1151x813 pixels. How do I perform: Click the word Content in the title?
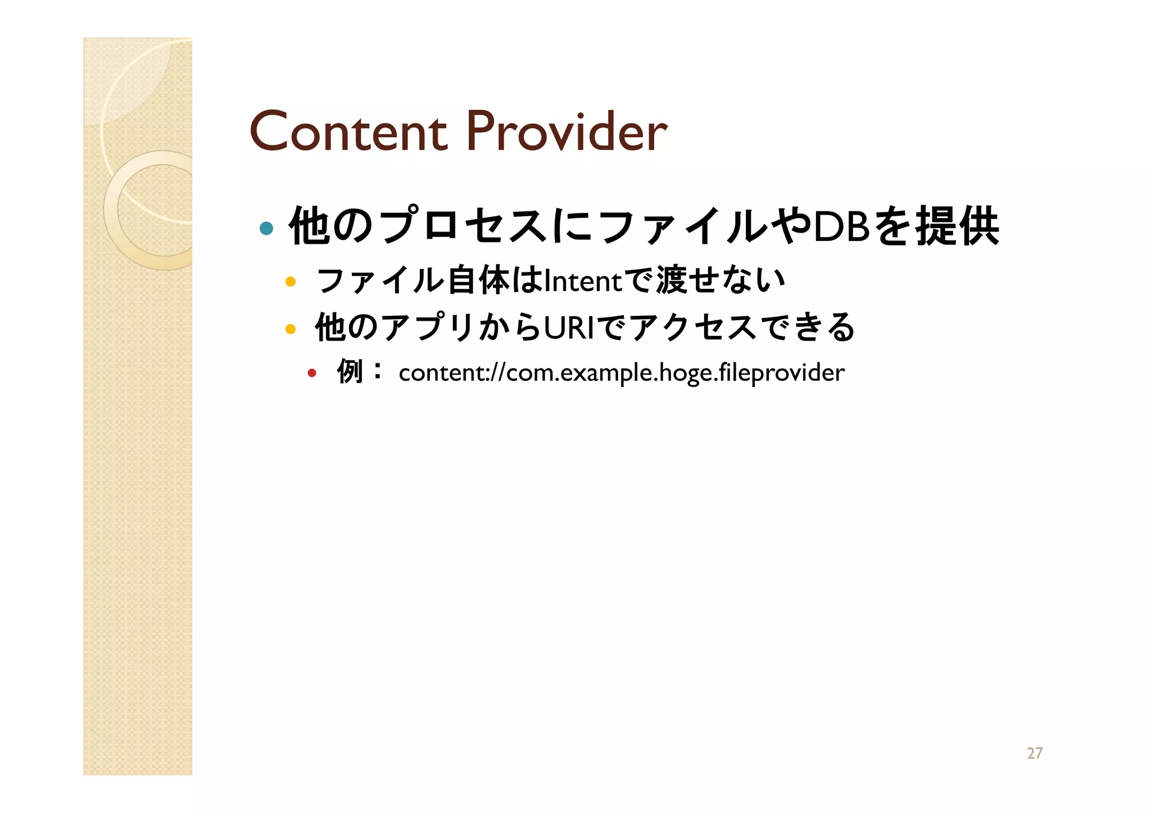point(348,132)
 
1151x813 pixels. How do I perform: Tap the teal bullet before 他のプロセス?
point(266,228)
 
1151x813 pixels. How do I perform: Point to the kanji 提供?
point(958,226)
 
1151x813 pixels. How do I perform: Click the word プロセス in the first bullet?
point(464,226)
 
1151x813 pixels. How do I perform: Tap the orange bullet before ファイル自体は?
point(291,281)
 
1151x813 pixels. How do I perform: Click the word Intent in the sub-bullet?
point(583,281)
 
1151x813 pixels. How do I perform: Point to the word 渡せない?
point(721,280)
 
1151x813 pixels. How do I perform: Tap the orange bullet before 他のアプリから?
point(291,329)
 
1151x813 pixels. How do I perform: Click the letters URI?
point(569,328)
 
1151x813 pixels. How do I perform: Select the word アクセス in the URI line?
point(694,328)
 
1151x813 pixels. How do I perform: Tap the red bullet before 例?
point(312,373)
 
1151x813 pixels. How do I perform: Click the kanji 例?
point(350,371)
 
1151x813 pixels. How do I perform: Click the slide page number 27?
point(1034,753)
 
